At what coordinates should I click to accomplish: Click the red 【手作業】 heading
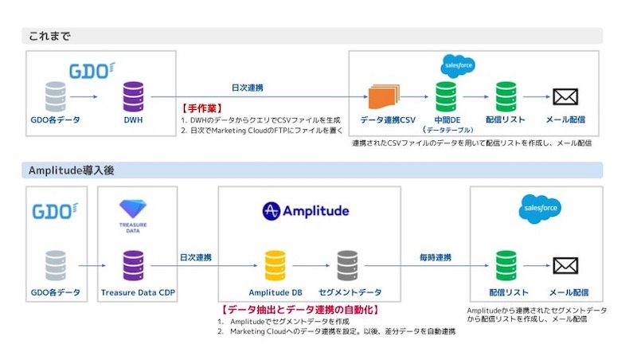pyautogui.click(x=204, y=108)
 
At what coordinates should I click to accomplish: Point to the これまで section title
pyautogui.click(x=52, y=36)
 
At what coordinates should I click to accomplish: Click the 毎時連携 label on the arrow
pyautogui.click(x=436, y=258)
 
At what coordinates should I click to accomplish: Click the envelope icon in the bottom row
pyautogui.click(x=568, y=266)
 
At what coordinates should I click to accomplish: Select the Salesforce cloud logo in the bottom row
pyautogui.click(x=539, y=209)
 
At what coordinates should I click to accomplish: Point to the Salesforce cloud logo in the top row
pyautogui.click(x=457, y=65)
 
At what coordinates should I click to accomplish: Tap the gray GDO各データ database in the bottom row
pyautogui.click(x=56, y=266)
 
